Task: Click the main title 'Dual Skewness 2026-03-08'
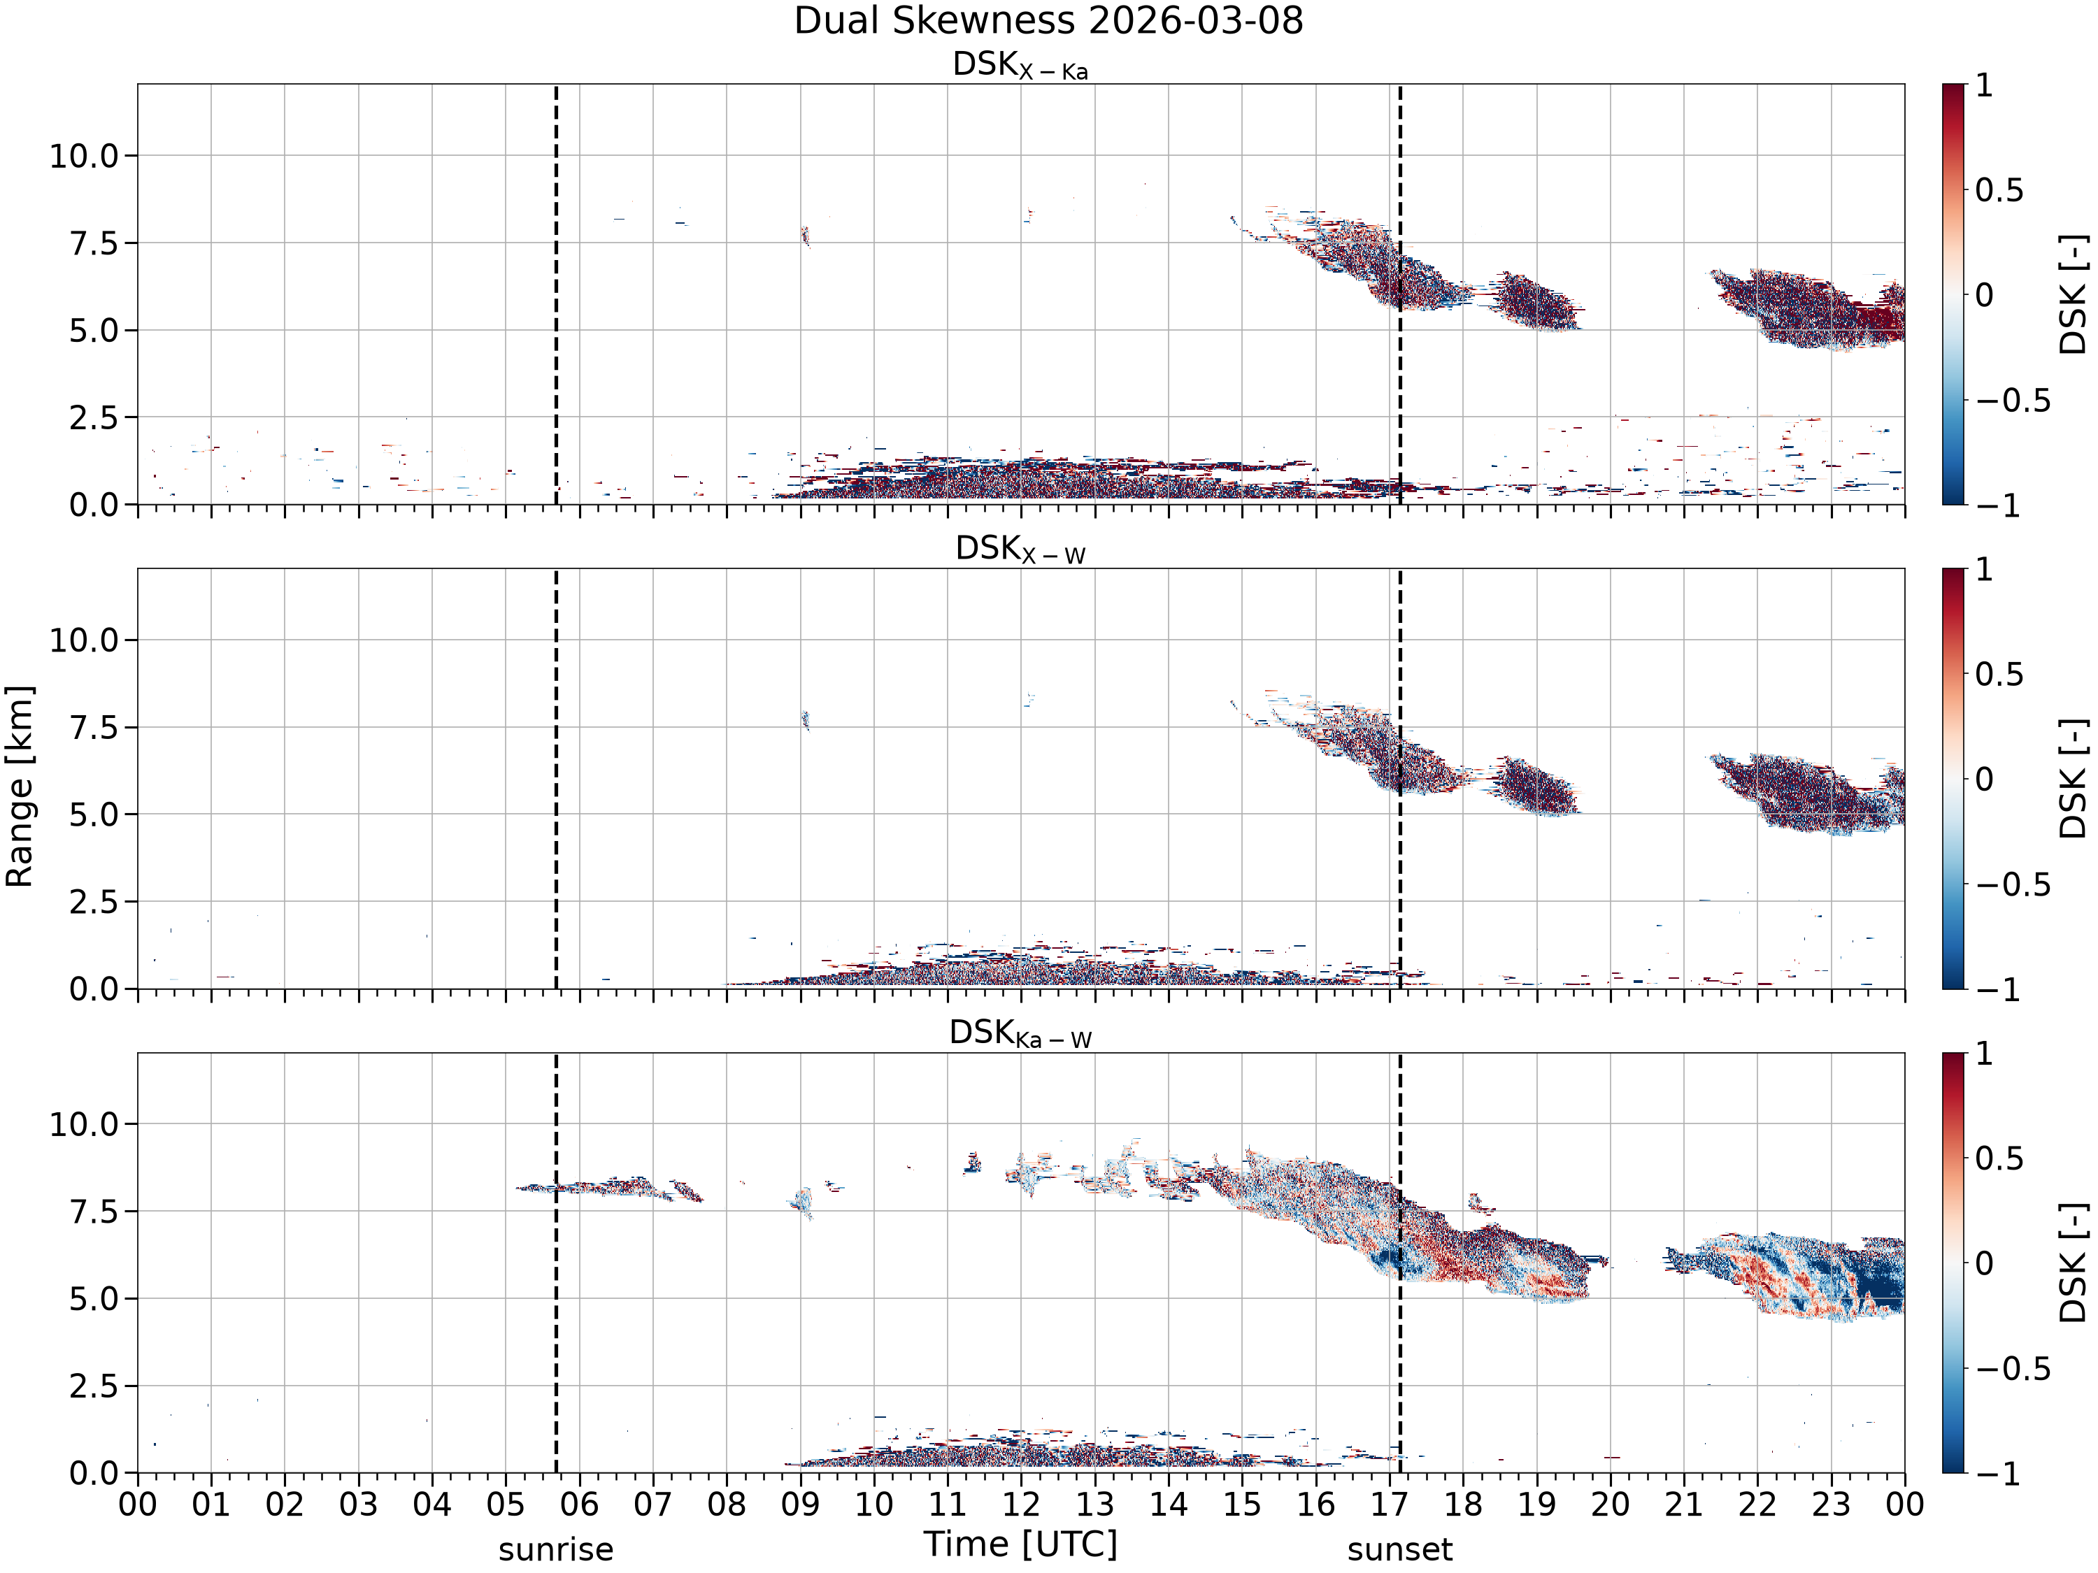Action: point(1048,21)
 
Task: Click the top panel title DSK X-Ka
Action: point(1020,66)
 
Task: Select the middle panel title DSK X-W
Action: point(1020,550)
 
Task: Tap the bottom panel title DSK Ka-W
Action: point(1020,1033)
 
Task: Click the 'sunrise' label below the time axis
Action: point(556,1549)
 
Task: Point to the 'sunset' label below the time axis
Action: point(1400,1549)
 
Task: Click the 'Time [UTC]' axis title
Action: point(1020,1544)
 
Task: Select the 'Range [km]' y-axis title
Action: point(19,786)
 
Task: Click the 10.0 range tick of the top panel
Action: point(85,155)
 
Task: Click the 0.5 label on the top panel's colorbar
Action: point(1999,191)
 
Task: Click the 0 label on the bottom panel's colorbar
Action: point(1984,1263)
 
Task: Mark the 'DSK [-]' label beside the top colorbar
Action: point(2074,295)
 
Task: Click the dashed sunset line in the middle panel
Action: point(1400,778)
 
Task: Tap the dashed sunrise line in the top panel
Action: point(556,294)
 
